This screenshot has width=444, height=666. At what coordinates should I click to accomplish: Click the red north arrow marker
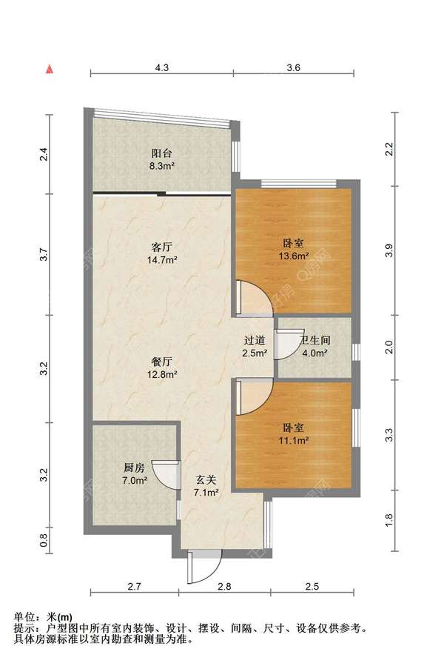(x=50, y=69)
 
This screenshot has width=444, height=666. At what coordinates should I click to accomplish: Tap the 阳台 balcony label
(x=162, y=153)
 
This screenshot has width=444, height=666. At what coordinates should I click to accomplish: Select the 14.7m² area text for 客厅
(x=162, y=259)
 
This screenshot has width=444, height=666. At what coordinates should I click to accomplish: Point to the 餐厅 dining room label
(x=162, y=362)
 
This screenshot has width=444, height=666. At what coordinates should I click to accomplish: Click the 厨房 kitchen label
(x=134, y=467)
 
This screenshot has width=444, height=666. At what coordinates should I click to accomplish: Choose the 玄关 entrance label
(x=206, y=480)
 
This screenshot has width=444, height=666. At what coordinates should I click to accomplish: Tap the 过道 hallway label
(x=255, y=340)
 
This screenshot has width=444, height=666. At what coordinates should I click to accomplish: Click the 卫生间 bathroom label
(x=315, y=340)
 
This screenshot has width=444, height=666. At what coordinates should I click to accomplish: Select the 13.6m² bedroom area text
(x=293, y=256)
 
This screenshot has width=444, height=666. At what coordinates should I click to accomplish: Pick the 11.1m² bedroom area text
(x=293, y=440)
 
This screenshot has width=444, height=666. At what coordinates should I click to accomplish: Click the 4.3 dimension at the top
(x=162, y=67)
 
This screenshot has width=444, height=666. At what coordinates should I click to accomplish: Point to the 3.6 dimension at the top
(x=293, y=67)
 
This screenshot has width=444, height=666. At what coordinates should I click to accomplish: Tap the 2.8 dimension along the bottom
(x=224, y=586)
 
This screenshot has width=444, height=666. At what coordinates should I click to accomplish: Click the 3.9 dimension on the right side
(x=389, y=250)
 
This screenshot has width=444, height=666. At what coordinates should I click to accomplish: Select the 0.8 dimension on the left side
(x=44, y=540)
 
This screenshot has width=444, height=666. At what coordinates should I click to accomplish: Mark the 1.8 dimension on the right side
(x=389, y=520)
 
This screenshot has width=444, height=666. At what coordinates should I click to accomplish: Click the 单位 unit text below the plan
(x=24, y=616)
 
